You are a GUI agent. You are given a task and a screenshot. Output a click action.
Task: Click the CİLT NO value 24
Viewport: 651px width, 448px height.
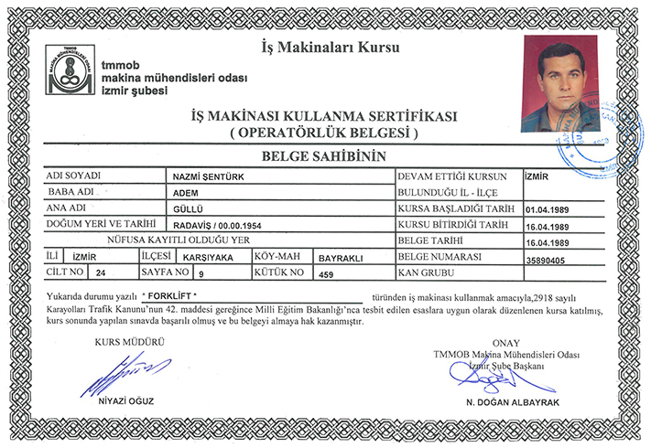point(101,273)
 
